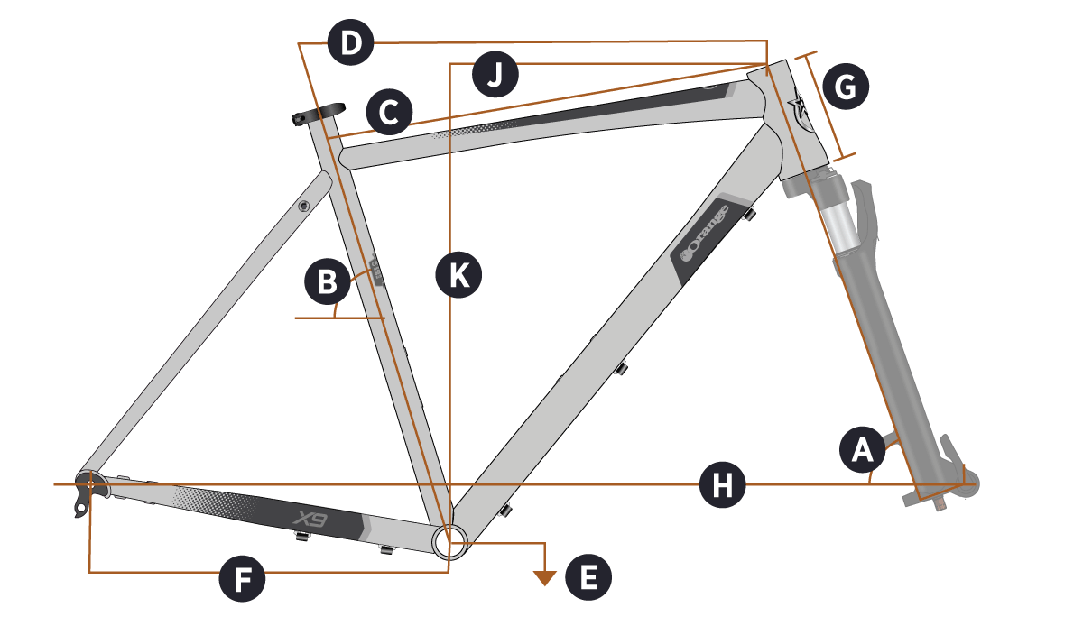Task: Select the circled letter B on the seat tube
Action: pos(327,282)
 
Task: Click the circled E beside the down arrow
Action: pos(588,577)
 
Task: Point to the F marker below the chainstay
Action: pos(243,579)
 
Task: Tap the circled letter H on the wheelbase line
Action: pos(723,485)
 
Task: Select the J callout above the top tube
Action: pos(495,76)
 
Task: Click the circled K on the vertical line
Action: pos(458,275)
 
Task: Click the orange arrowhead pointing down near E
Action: pos(543,577)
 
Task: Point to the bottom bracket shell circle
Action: pos(451,541)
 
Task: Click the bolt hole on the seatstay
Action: pos(304,207)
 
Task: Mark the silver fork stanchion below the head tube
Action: pos(835,221)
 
